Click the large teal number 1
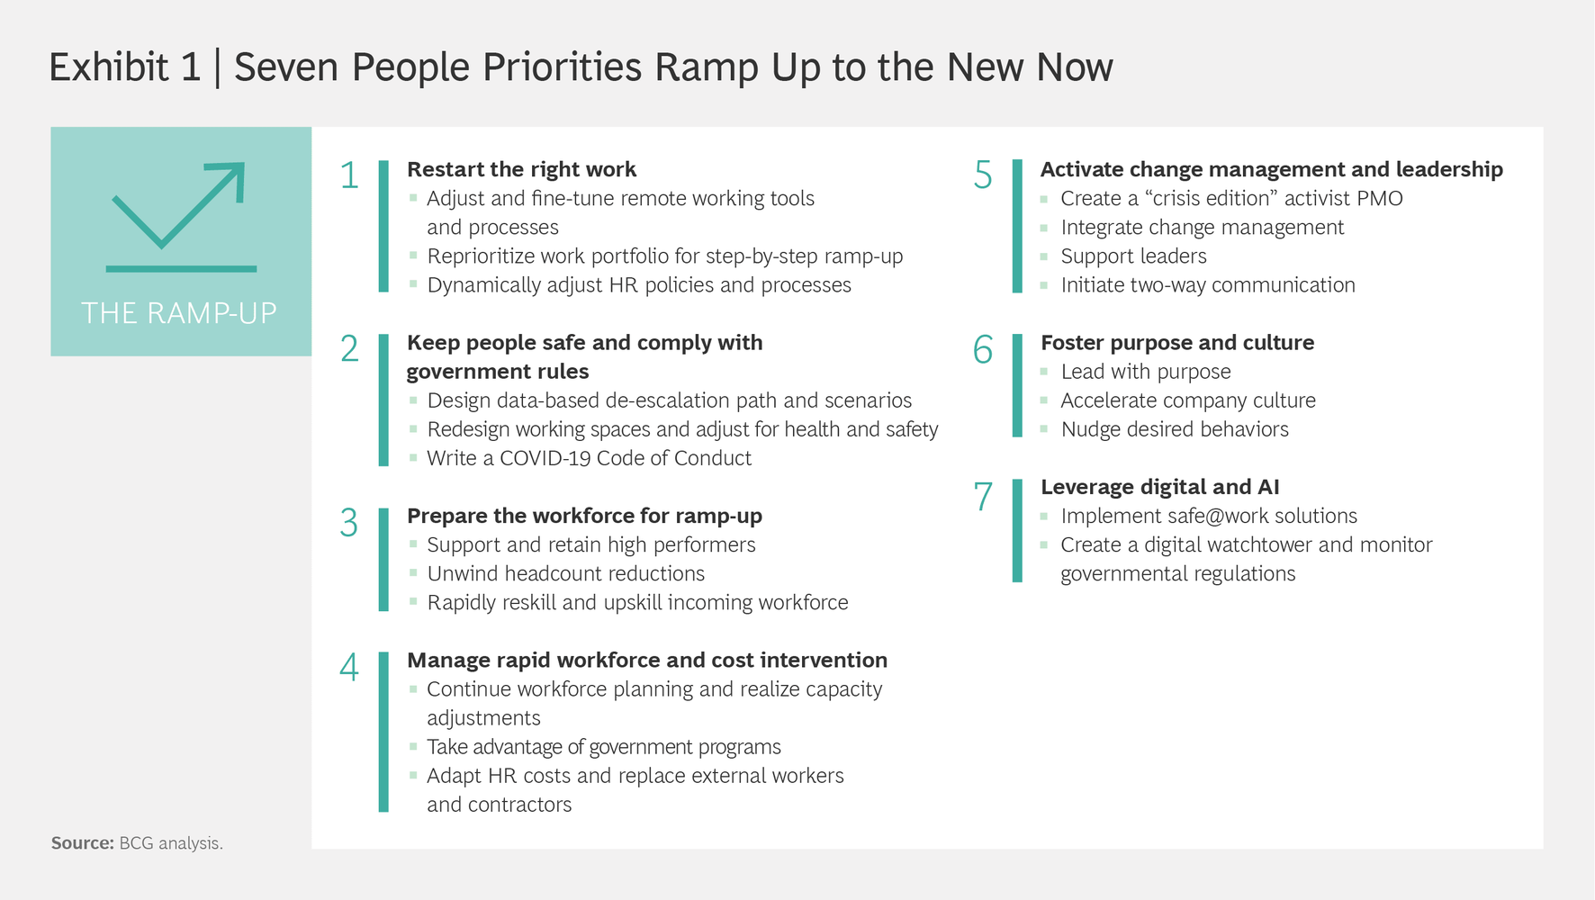point(349,175)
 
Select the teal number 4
point(349,667)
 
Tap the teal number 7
point(983,497)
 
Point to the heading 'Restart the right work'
point(521,169)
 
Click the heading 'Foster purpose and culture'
point(1177,343)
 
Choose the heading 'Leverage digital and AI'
point(1159,487)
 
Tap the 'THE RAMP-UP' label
point(179,313)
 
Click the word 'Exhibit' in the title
point(109,67)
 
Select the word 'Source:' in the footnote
point(83,843)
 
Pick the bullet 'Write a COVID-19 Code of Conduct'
point(589,458)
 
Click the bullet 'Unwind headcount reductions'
point(565,573)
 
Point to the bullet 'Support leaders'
point(1133,256)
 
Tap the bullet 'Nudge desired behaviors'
point(1175,429)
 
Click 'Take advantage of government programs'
point(603,747)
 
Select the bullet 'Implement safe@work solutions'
point(1209,516)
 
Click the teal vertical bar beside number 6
point(1017,385)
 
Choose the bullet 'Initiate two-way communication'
point(1208,285)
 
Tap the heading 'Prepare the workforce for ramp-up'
point(584,516)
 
